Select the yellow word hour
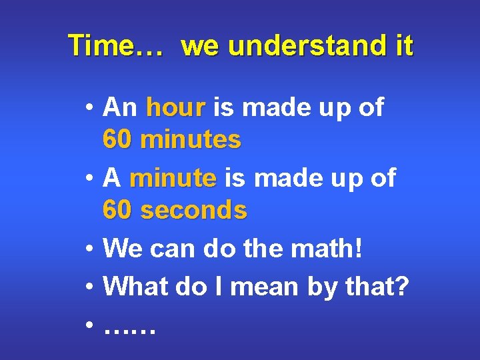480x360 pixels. click(175, 107)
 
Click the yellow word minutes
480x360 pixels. click(191, 139)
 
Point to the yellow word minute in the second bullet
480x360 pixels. click(173, 178)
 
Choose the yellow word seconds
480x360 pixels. click(194, 210)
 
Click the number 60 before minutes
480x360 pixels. click(118, 139)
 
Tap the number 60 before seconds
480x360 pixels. click(118, 210)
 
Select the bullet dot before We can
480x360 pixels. click(89, 250)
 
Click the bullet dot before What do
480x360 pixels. click(89, 287)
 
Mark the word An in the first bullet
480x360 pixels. click(120, 107)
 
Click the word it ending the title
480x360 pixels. click(403, 46)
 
